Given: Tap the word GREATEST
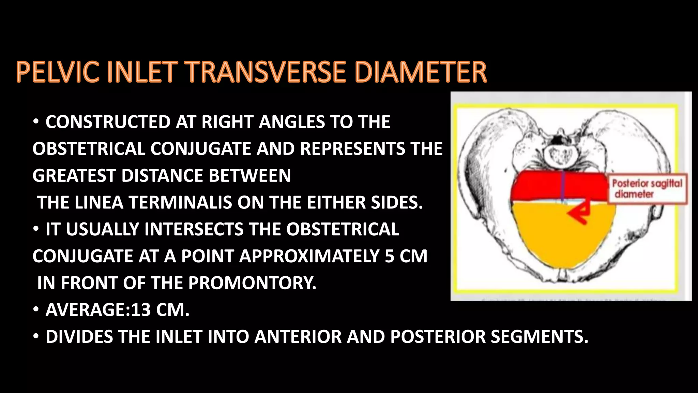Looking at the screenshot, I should [74, 176].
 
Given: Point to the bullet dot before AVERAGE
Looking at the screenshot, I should [36, 310].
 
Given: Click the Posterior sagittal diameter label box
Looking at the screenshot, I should [648, 189].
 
